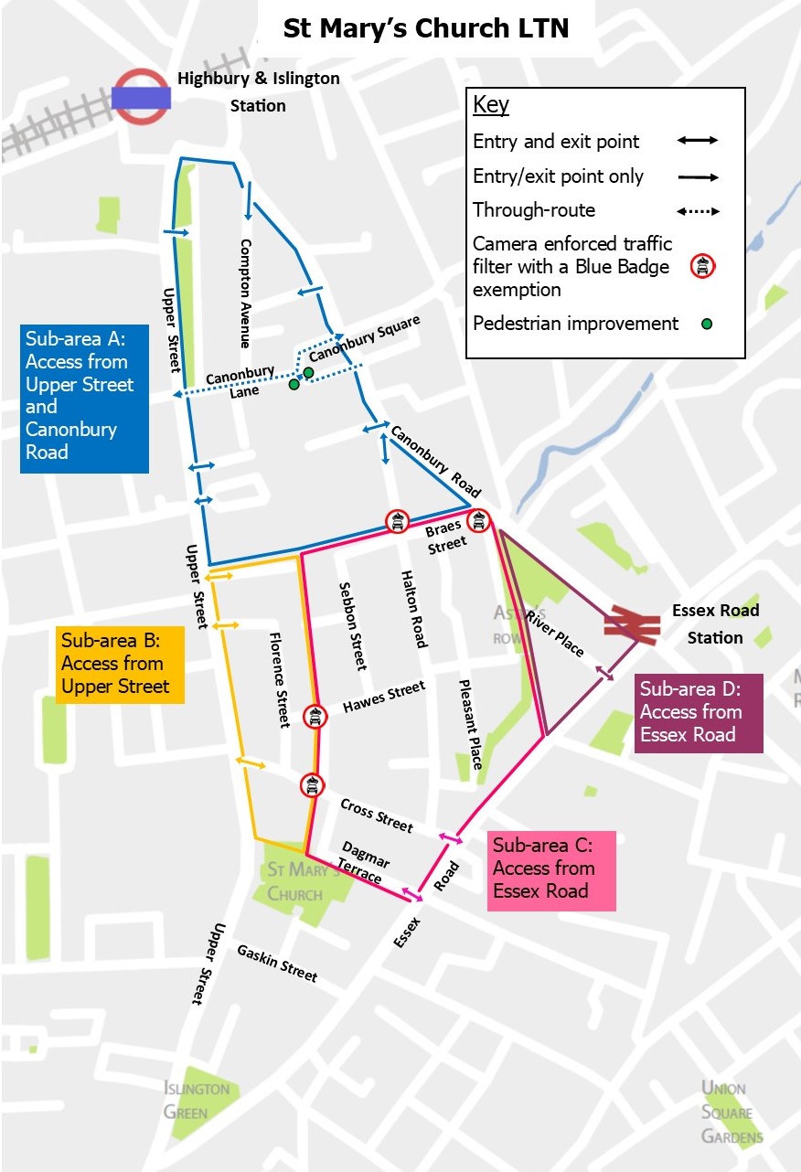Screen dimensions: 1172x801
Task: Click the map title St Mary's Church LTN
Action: coord(425,28)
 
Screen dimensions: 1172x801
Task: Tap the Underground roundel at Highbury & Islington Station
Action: coord(141,97)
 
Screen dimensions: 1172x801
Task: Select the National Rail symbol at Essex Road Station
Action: coord(631,626)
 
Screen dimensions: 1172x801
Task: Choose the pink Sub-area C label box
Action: coord(551,869)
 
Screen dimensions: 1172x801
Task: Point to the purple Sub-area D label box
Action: coord(699,712)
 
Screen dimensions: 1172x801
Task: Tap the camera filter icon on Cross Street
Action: coord(312,784)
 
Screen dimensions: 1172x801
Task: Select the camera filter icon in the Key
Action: coord(701,267)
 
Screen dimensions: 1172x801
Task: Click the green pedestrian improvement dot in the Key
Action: coord(705,324)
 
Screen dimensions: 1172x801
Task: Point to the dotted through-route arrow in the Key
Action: coord(699,211)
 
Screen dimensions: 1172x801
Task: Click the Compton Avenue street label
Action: coord(245,293)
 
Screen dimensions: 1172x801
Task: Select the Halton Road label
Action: coord(413,609)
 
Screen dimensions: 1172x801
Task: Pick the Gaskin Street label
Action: coord(277,964)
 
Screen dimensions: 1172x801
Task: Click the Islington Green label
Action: coord(197,1100)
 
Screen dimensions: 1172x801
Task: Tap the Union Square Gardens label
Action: coord(728,1112)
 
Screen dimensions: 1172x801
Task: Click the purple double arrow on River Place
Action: coord(604,673)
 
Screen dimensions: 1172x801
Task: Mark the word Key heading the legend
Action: coord(491,104)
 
